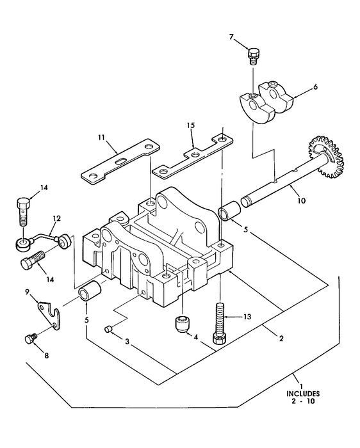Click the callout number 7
click(x=231, y=37)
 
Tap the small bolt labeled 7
click(x=252, y=56)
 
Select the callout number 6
click(x=315, y=87)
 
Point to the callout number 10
click(x=301, y=201)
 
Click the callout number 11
click(x=101, y=138)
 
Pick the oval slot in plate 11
click(x=121, y=161)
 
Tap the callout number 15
click(x=191, y=125)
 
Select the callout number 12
click(x=56, y=219)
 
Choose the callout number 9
click(x=28, y=292)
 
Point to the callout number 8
click(x=46, y=355)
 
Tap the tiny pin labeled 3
click(x=108, y=329)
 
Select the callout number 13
click(x=247, y=317)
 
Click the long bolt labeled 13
click(x=220, y=324)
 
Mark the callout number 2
click(x=281, y=339)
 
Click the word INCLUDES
click(x=303, y=394)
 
